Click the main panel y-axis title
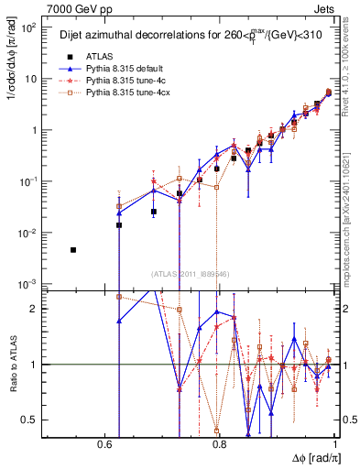11,92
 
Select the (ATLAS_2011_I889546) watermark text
189,274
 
